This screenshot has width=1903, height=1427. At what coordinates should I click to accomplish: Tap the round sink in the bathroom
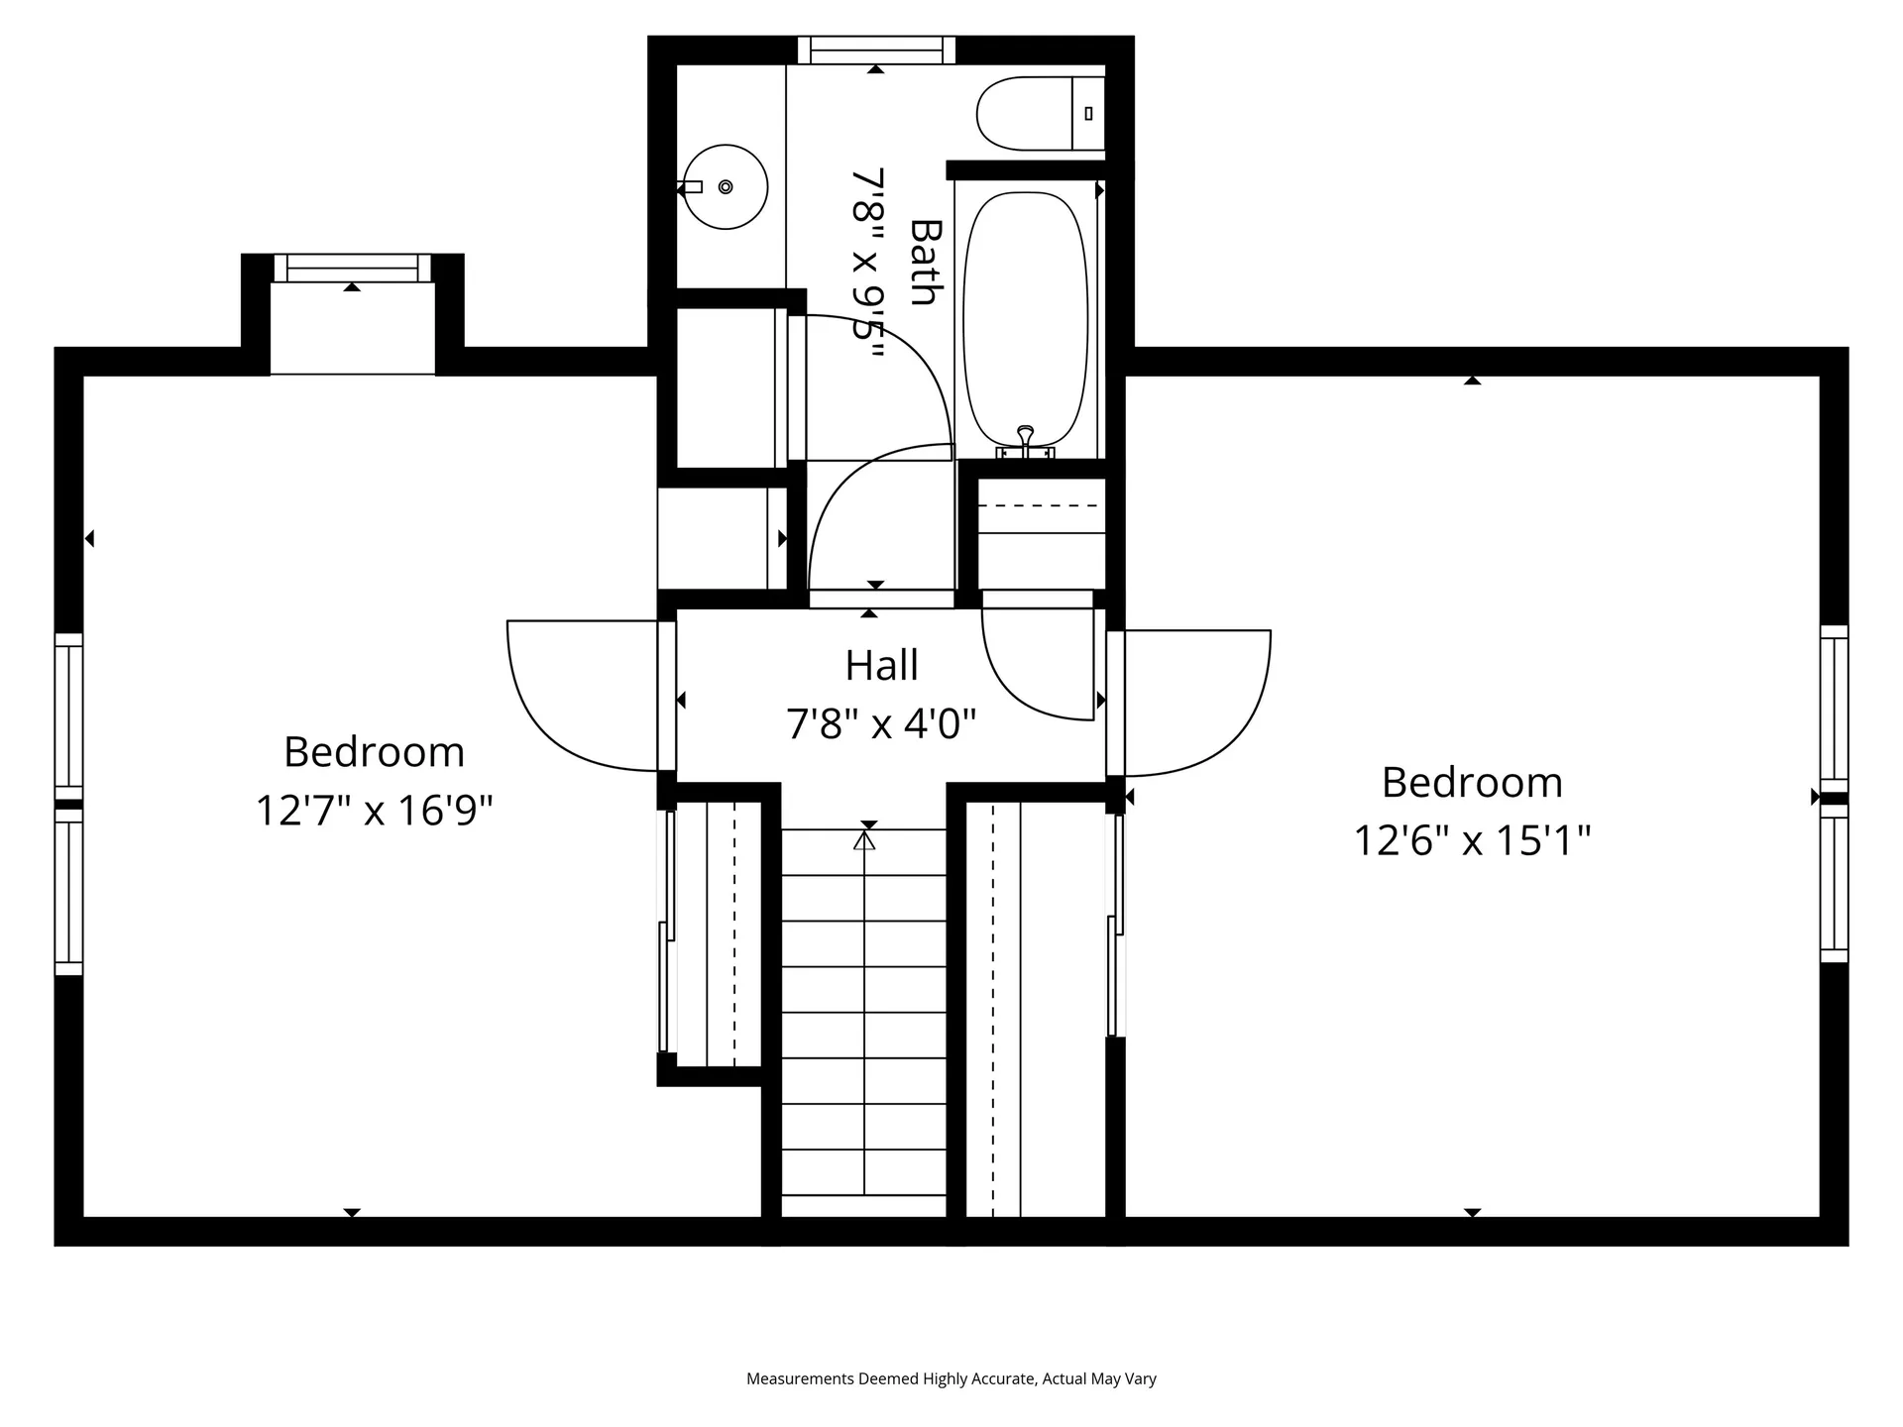tap(727, 186)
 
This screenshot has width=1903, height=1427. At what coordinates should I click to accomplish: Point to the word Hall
tap(881, 666)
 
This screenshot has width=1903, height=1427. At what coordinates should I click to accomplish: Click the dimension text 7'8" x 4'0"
tap(881, 724)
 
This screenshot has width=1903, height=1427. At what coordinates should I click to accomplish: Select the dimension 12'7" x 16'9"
tap(374, 811)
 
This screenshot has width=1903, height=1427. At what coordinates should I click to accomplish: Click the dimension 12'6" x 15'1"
tap(1472, 841)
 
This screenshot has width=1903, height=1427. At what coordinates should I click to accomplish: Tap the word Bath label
tap(924, 262)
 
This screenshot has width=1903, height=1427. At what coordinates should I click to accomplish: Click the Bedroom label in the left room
tap(374, 752)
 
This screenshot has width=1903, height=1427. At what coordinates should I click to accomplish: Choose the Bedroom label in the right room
tap(1472, 783)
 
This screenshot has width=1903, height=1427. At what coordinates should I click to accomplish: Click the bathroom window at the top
tap(876, 50)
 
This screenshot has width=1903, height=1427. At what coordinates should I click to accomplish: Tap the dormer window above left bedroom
tap(352, 268)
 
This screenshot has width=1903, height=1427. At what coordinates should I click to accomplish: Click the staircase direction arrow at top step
tap(865, 840)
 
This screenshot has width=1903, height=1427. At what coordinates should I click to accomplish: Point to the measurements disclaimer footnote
tap(951, 1378)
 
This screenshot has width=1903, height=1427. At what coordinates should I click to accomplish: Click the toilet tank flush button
tap(1088, 114)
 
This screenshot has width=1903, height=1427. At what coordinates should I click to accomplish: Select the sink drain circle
tap(726, 186)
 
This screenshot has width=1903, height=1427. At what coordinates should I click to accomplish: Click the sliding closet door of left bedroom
tap(667, 932)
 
